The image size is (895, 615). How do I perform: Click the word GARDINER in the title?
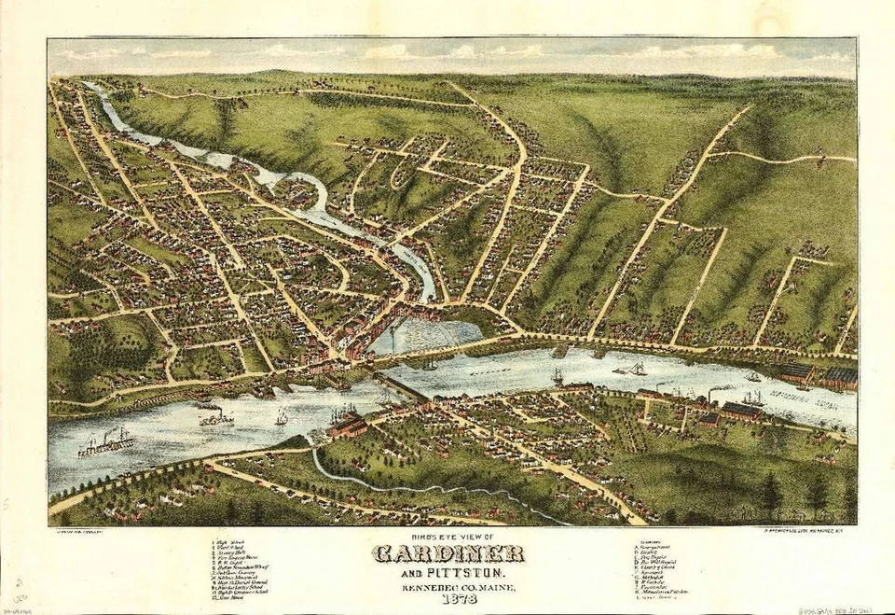coord(447,553)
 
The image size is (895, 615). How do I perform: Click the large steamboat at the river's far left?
coord(105,443)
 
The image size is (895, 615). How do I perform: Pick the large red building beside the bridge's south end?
coord(348,426)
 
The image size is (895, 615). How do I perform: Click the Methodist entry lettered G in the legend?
coord(652,579)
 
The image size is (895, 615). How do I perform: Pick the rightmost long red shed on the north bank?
coord(842,377)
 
